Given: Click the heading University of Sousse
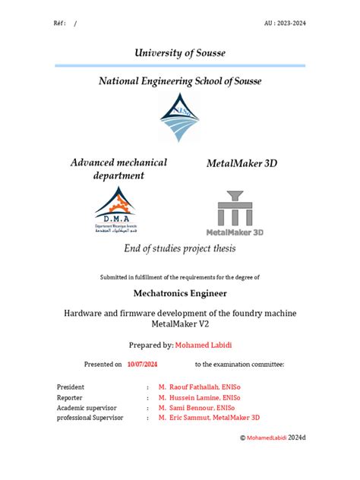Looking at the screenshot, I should coord(179,52).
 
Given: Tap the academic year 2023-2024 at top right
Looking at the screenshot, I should coord(286,23).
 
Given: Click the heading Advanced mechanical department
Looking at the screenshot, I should coord(118,169).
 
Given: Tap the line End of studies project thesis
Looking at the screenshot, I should coord(179,249).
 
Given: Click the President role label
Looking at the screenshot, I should coord(71,387).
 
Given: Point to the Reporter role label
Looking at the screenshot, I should coord(70,397).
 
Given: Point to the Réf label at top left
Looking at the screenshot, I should coord(59,23).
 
